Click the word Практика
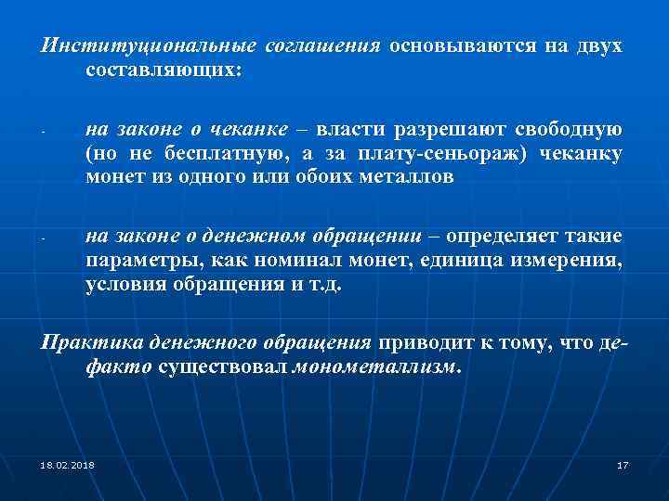point(85,343)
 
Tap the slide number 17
point(623,464)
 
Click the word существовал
point(224,367)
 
